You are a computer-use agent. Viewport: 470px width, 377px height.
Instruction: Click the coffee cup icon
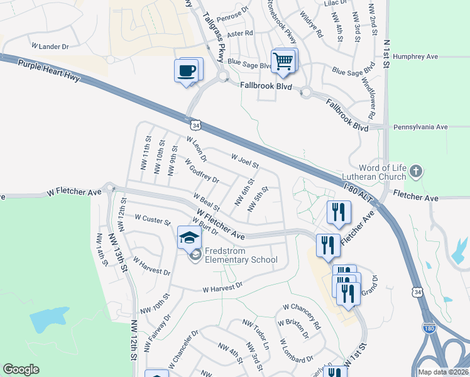(187, 70)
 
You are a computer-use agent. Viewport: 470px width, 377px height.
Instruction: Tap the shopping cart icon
(283, 61)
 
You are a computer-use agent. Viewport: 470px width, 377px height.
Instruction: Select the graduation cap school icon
(189, 238)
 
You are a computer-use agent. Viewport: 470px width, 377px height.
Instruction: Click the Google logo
(21, 369)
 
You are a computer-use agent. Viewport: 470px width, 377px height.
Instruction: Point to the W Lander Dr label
(50, 46)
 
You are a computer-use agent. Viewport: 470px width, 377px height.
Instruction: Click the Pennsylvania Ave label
(420, 127)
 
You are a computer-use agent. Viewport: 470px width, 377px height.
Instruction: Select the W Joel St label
(245, 161)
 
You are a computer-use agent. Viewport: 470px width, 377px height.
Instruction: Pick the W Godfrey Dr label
(202, 170)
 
